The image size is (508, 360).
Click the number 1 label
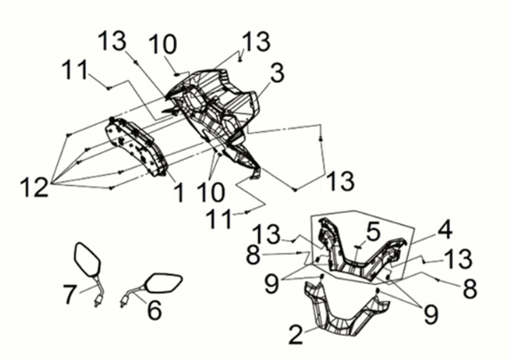tap(178, 191)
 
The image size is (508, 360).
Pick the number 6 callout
tap(153, 310)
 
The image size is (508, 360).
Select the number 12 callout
tap(33, 188)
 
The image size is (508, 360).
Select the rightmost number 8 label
tap(470, 289)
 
